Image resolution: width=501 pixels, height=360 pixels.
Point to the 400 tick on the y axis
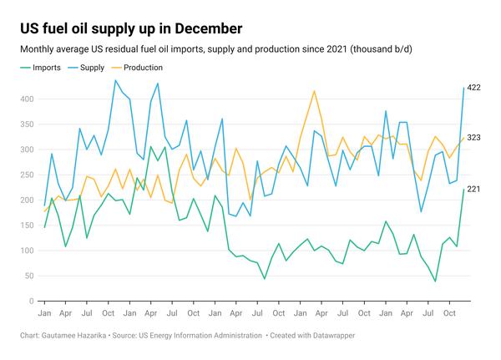(27, 99)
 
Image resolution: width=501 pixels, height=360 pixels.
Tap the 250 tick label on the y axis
(27, 175)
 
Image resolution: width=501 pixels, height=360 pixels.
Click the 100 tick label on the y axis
(27, 251)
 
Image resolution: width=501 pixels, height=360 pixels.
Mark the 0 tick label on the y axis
(31, 302)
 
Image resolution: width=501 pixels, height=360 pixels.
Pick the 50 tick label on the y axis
(28, 276)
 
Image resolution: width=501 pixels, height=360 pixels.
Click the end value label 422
(474, 88)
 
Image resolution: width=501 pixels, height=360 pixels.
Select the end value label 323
(474, 138)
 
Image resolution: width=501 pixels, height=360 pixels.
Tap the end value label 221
(474, 190)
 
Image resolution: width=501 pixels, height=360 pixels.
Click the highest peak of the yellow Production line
(314, 91)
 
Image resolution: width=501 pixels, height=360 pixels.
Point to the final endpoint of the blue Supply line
(464, 88)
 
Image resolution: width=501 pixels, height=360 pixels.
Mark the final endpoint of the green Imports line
(464, 190)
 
